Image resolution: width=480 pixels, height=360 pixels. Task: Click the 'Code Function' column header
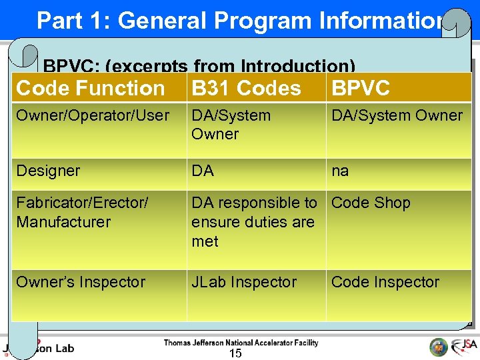90,88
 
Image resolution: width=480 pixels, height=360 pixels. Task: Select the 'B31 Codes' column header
246,88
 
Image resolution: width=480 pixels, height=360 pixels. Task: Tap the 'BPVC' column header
361,88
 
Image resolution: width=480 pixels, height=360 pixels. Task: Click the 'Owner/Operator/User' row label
93,115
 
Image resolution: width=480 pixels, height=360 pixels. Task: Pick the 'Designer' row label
48,171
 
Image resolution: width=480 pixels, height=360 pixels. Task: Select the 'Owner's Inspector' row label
81,282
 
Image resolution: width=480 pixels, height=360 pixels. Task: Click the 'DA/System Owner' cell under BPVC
397,115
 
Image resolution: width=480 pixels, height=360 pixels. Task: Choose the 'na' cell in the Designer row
340,171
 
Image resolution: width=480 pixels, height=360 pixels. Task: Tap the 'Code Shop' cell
371,203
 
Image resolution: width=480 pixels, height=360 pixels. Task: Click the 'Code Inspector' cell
385,282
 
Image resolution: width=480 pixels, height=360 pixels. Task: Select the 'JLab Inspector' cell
244,282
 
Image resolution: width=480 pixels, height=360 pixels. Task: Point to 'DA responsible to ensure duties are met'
254,222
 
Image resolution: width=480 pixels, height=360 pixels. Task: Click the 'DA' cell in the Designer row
203,171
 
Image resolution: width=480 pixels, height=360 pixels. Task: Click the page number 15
235,353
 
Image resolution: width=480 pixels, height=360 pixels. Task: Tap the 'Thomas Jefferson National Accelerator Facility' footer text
241,343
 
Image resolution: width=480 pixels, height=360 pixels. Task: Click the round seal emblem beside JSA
438,347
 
